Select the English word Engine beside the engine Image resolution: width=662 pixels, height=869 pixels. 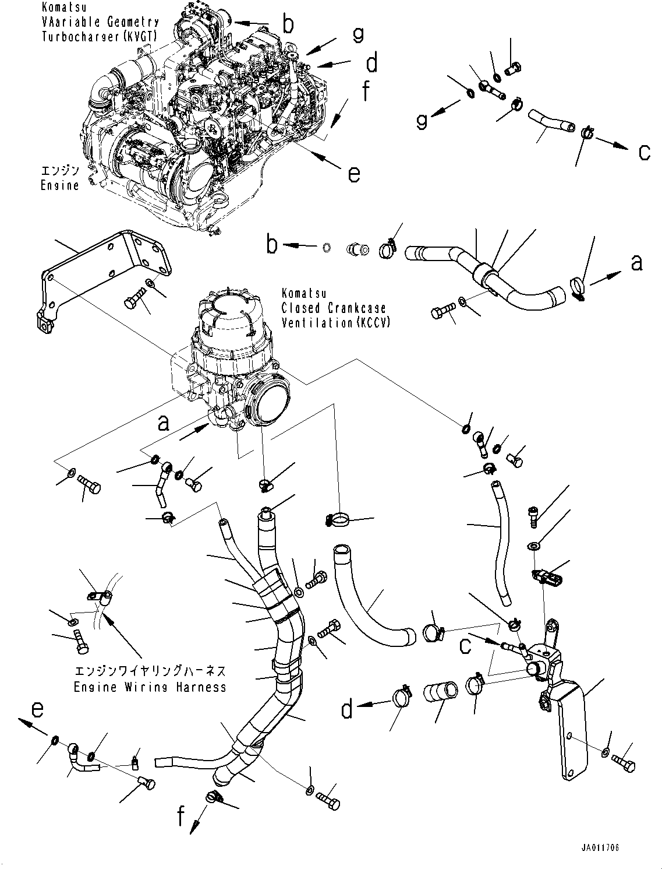click(x=59, y=185)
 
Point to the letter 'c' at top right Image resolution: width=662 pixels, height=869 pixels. click(x=644, y=152)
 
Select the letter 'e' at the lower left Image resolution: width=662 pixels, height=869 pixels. click(x=37, y=710)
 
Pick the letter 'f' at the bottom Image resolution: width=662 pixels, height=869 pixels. click(x=181, y=818)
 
